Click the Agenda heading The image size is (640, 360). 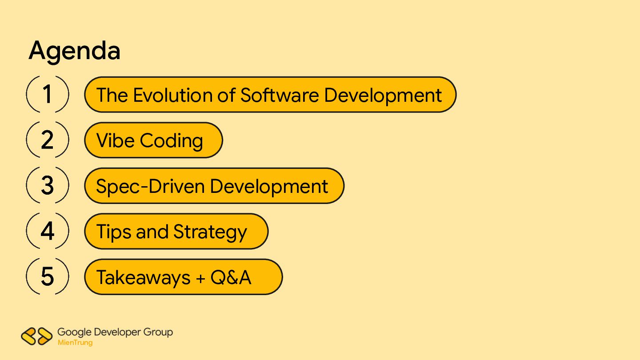click(x=74, y=51)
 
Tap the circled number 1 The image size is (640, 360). click(x=48, y=94)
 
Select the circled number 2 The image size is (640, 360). click(x=48, y=140)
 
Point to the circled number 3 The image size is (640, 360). click(x=48, y=185)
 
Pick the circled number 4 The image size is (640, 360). click(x=48, y=231)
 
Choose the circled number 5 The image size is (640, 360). click(x=48, y=276)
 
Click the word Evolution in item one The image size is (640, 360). click(x=184, y=95)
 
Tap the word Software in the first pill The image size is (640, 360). click(x=280, y=95)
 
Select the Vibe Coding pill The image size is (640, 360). click(x=153, y=140)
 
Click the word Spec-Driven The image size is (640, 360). click(x=150, y=187)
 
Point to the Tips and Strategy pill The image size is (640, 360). click(x=176, y=232)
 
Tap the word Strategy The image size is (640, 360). click(x=210, y=232)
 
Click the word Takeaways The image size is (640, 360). click(x=144, y=278)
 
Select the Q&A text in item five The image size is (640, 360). click(x=231, y=277)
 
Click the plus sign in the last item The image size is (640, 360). click(x=200, y=278)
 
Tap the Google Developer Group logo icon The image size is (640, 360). click(x=36, y=336)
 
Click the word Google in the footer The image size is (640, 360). click(x=74, y=332)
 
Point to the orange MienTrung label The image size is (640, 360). click(x=75, y=343)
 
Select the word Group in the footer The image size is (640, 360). click(x=158, y=332)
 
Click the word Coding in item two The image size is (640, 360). click(x=172, y=141)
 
